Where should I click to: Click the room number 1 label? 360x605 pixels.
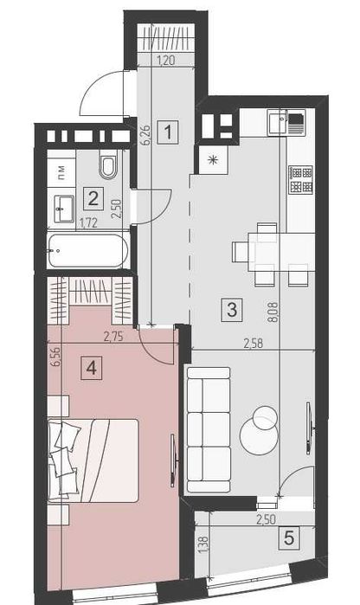click(x=168, y=132)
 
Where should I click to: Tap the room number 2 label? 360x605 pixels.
click(x=93, y=199)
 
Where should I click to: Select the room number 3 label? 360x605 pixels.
click(x=232, y=310)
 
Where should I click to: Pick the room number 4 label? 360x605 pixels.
click(x=92, y=368)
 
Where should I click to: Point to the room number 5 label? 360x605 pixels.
click(x=289, y=537)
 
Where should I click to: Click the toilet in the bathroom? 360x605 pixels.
click(x=107, y=165)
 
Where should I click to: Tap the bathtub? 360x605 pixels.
click(x=87, y=251)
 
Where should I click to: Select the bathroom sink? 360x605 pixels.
click(x=64, y=209)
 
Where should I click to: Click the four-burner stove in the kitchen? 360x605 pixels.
click(x=301, y=180)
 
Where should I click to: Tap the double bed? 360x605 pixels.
click(x=93, y=460)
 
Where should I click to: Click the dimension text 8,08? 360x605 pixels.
click(x=274, y=312)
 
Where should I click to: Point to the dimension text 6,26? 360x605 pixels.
click(x=146, y=135)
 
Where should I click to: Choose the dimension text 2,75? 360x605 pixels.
click(x=113, y=337)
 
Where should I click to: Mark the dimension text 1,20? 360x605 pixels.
click(x=165, y=60)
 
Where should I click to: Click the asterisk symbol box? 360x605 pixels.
click(x=213, y=160)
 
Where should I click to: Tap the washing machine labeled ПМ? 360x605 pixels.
click(x=61, y=171)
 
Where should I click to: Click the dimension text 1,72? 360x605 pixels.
click(x=88, y=224)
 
